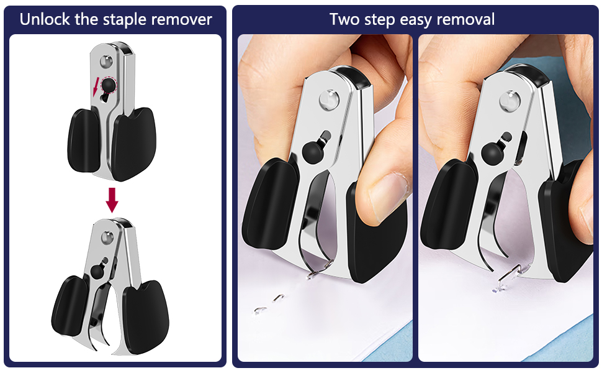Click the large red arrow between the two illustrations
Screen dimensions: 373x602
[x=112, y=199]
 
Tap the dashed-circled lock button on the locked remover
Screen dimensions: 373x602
[x=109, y=85]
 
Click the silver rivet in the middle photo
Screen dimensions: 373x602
[x=328, y=98]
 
